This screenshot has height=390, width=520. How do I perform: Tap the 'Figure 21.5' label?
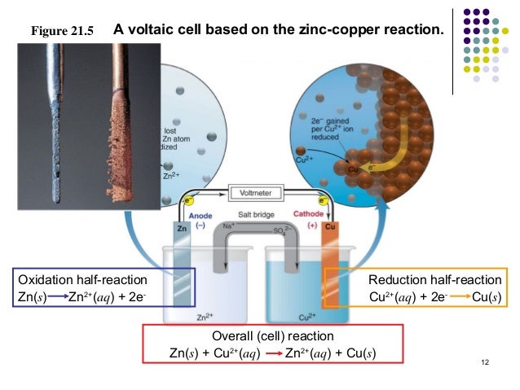[x=62, y=33]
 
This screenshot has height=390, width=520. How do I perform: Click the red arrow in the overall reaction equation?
[x=271, y=353]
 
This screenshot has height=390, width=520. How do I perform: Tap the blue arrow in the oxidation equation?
[x=58, y=296]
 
